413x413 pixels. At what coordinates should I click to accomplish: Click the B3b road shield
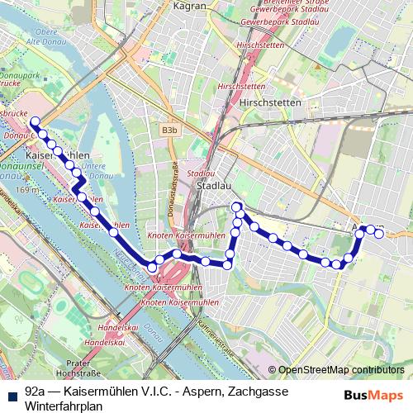tap(169, 130)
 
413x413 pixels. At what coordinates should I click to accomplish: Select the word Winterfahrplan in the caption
tap(64, 406)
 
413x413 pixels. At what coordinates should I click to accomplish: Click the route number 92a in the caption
tap(36, 392)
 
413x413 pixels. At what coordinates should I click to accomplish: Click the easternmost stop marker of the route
tap(379, 234)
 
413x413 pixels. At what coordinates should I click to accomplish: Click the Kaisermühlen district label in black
tap(58, 155)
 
